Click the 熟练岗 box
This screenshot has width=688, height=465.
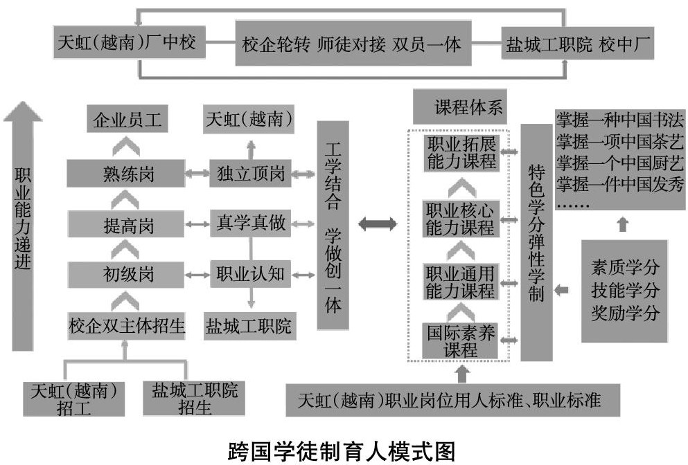click(x=127, y=173)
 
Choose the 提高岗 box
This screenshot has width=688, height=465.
click(x=127, y=224)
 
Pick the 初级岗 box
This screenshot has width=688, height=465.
click(x=127, y=274)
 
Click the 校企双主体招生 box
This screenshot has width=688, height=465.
click(x=127, y=325)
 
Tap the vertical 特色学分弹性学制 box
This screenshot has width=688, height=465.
click(x=536, y=242)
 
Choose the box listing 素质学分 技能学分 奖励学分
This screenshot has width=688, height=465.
click(x=624, y=291)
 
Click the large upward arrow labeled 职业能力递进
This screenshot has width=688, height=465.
click(x=24, y=228)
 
